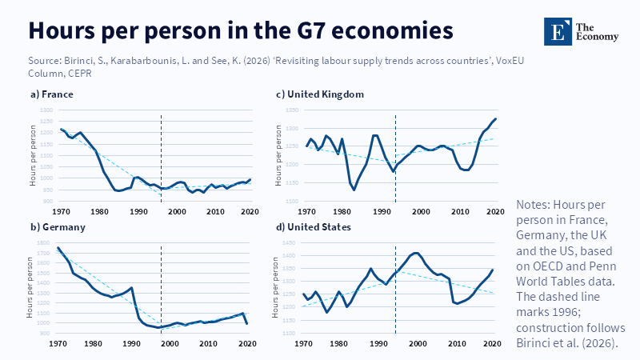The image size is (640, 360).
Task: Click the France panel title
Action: [52, 94]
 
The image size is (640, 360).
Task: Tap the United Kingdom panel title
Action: [319, 94]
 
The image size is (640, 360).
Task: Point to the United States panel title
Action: [313, 227]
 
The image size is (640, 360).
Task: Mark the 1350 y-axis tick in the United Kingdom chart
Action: [289, 110]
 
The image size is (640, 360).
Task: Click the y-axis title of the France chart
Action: [33, 155]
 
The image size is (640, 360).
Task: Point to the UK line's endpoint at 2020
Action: [496, 119]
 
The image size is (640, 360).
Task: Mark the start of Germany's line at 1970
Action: [58, 248]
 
